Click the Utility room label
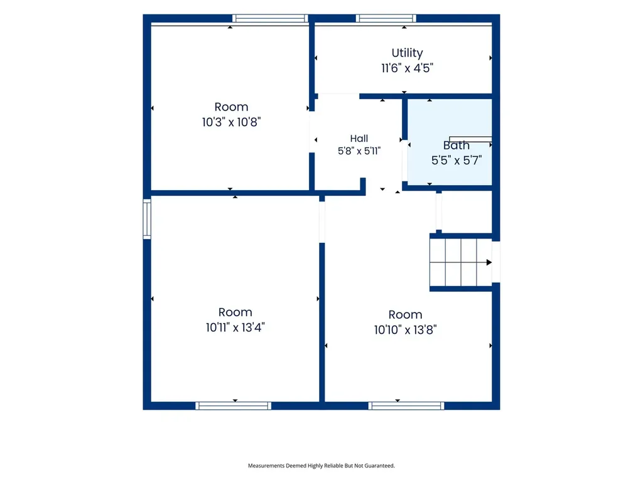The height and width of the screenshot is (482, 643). (x=407, y=53)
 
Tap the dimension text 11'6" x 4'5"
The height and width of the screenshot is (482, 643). (x=407, y=68)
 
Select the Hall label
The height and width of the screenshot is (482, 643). (x=359, y=139)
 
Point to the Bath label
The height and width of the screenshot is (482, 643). (x=456, y=146)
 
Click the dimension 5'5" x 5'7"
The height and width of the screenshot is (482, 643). (x=456, y=160)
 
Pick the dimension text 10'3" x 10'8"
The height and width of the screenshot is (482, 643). (x=231, y=122)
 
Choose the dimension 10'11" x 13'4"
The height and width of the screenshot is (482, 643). (x=235, y=328)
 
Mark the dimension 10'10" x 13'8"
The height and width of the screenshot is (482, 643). (x=405, y=330)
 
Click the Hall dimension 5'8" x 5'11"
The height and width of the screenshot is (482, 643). (x=359, y=151)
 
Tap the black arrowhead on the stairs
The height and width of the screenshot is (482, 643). (x=489, y=262)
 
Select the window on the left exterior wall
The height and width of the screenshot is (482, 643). (x=147, y=219)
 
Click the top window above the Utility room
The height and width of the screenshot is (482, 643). (x=386, y=18)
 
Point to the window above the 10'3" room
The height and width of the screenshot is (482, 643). (x=270, y=18)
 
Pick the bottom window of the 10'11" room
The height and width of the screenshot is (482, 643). (x=233, y=406)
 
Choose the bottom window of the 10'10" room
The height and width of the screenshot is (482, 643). (x=406, y=406)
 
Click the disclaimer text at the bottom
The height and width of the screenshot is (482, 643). (x=321, y=466)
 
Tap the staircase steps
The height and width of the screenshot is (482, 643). (x=460, y=262)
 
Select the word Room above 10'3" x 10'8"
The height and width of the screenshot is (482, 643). (x=231, y=107)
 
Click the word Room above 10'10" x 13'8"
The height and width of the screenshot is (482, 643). (x=405, y=315)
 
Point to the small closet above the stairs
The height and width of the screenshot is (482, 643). (x=467, y=212)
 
